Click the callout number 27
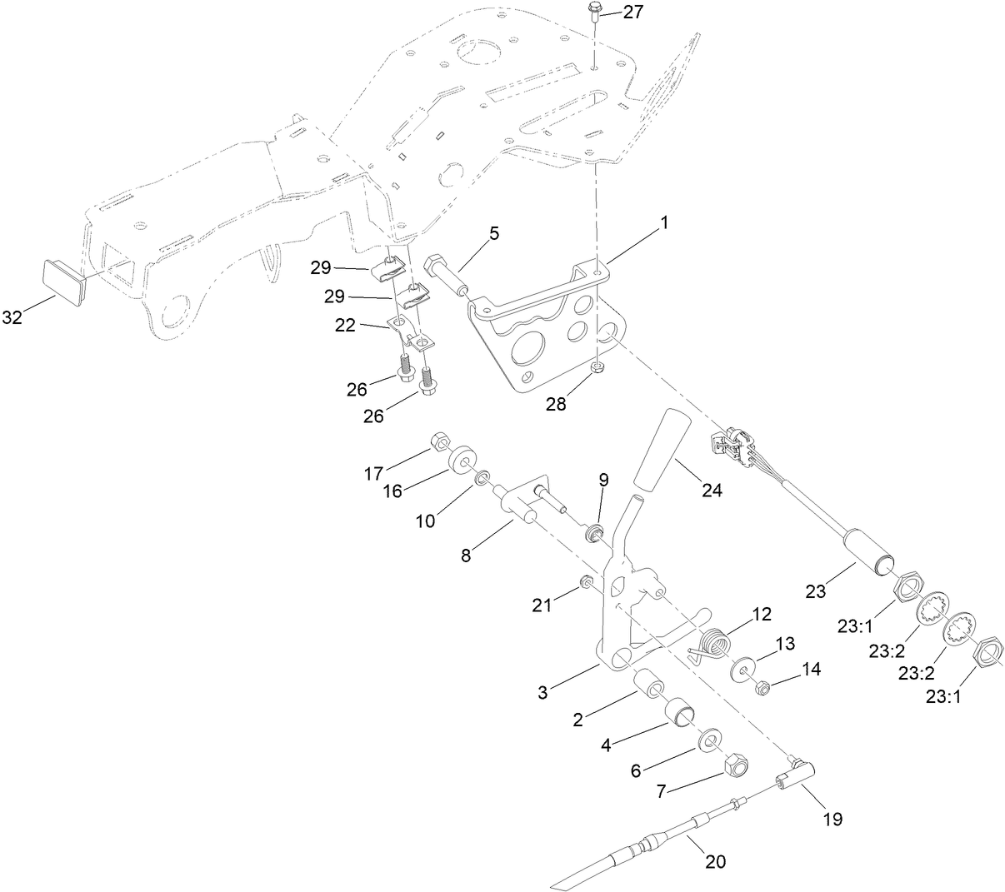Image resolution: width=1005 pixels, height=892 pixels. (x=635, y=12)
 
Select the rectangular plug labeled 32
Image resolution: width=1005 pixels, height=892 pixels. (x=62, y=277)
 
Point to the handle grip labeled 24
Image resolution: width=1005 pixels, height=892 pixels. (x=664, y=449)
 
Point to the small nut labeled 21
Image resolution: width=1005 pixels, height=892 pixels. (x=586, y=582)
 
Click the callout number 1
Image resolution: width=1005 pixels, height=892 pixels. (x=664, y=224)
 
